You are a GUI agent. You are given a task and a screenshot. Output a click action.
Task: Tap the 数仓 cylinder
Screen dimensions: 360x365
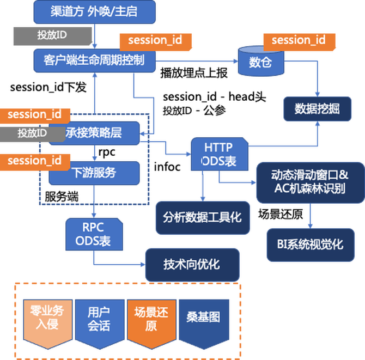click(260, 62)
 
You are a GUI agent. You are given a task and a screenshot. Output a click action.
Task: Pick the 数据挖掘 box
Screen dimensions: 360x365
click(317, 108)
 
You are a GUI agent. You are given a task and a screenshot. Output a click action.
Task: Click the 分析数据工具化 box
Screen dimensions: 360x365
click(202, 217)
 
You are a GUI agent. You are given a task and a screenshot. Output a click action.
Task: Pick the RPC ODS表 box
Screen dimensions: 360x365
click(93, 233)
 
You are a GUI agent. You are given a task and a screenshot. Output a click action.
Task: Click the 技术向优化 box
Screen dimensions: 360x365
click(192, 264)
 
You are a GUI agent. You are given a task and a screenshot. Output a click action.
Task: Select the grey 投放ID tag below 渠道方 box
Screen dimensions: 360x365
click(52, 34)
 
